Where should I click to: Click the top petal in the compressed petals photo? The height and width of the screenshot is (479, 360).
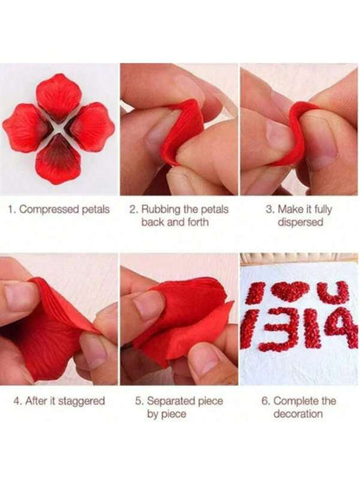click(59, 94)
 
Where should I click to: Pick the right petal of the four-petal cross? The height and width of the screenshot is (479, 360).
click(92, 126)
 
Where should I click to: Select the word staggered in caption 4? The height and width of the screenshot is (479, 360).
click(80, 400)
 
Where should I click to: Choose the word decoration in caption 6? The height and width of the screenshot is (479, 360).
click(299, 414)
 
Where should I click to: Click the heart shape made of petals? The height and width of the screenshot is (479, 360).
click(292, 293)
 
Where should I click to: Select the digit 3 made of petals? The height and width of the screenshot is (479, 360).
click(281, 330)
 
